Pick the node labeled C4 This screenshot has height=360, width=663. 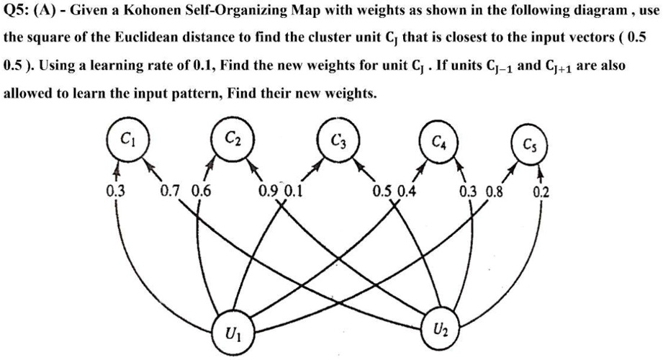point(437,141)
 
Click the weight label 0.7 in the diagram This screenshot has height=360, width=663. point(170,192)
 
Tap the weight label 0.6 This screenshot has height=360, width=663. point(202,192)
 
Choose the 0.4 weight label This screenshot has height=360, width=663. point(407,192)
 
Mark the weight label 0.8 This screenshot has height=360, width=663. point(495,192)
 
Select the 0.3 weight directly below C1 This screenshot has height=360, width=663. point(114,192)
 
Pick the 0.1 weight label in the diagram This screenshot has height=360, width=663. point(294,192)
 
